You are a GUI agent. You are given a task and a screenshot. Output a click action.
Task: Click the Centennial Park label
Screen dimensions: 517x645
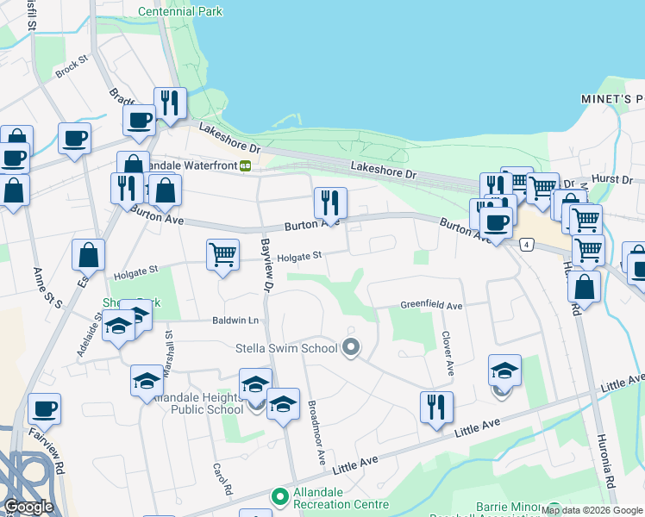pos(180,11)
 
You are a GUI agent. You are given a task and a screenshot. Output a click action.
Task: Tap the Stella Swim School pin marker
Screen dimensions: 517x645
pos(351,348)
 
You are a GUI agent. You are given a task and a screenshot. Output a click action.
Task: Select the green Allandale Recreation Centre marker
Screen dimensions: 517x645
pos(279,497)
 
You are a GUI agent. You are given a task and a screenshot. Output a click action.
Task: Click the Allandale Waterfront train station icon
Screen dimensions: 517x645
pos(246,165)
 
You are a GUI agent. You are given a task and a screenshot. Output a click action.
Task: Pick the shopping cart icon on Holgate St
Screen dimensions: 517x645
pos(222,255)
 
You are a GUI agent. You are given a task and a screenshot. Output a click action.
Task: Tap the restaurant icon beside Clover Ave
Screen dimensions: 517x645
pos(436,406)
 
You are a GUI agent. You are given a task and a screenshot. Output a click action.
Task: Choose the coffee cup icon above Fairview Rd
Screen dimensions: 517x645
pos(44,408)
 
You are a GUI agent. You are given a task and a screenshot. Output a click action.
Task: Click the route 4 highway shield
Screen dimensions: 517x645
pos(526,246)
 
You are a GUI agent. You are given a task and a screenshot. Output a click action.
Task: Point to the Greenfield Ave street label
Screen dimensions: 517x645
pos(431,305)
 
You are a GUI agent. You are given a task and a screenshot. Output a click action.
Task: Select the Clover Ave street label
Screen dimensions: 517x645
pos(448,353)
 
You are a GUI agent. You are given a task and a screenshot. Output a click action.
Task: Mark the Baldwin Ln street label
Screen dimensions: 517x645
pos(235,321)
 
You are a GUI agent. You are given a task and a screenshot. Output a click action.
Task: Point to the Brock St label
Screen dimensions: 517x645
pos(72,68)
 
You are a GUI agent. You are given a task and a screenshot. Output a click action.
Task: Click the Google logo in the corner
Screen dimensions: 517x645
pos(28,507)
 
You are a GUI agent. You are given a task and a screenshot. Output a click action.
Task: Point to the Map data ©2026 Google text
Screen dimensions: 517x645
pos(592,510)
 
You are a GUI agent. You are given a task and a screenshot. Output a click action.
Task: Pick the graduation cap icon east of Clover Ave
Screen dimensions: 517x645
pos(504,370)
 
